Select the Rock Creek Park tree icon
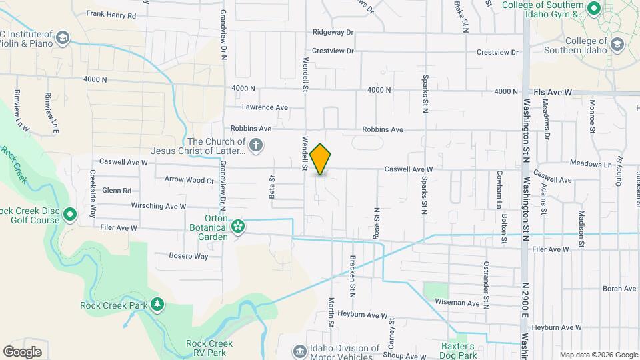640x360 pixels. pos(157,305)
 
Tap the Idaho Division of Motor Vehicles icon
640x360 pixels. pos(299,351)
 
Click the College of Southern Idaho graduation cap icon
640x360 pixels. pos(617,44)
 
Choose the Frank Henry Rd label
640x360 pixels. pos(111,14)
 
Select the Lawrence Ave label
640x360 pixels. pos(265,107)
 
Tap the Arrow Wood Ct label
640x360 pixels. pos(189,179)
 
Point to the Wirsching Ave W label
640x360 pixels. pos(158,206)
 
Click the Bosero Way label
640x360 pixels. pos(189,256)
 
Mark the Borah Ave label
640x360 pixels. pos(619,289)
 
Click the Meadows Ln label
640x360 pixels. pos(590,164)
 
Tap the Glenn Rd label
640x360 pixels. pos(117,191)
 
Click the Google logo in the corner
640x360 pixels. pos(22,351)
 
